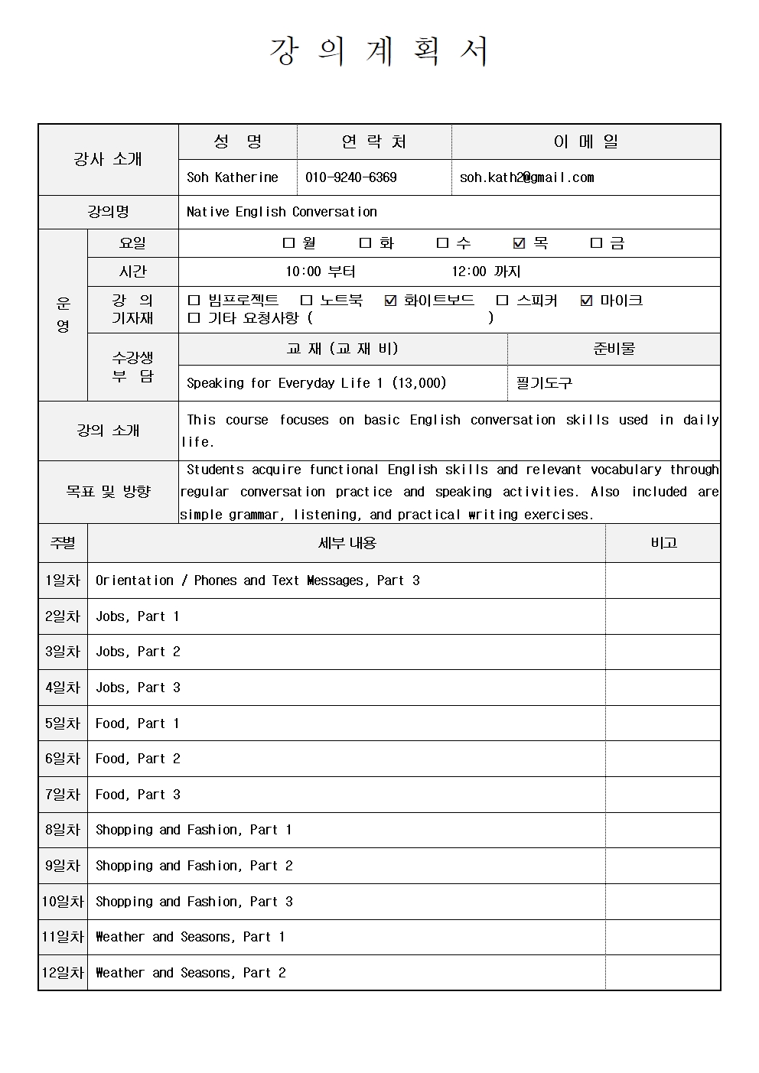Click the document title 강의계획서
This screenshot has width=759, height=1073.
click(379, 51)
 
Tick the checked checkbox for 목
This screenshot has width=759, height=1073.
click(520, 243)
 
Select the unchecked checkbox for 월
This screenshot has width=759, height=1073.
click(288, 243)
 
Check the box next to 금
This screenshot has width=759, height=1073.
click(597, 243)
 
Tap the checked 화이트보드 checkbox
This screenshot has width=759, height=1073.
click(390, 301)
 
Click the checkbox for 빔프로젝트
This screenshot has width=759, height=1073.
click(194, 301)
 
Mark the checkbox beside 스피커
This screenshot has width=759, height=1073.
click(502, 301)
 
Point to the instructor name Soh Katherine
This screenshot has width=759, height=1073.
click(233, 177)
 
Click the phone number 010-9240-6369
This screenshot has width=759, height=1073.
click(351, 177)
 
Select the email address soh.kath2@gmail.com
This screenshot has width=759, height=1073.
click(526, 177)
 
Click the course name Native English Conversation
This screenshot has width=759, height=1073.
click(282, 212)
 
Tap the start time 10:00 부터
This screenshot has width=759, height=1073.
click(321, 272)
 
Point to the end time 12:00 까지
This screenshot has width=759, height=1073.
click(486, 272)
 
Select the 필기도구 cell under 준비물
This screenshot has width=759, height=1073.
click(544, 383)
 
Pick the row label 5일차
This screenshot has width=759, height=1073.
click(63, 723)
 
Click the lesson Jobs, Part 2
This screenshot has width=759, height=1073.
click(138, 652)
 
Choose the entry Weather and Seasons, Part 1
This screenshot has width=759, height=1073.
click(190, 937)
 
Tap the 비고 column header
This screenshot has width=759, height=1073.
click(663, 543)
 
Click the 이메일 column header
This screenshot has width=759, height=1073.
click(586, 141)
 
